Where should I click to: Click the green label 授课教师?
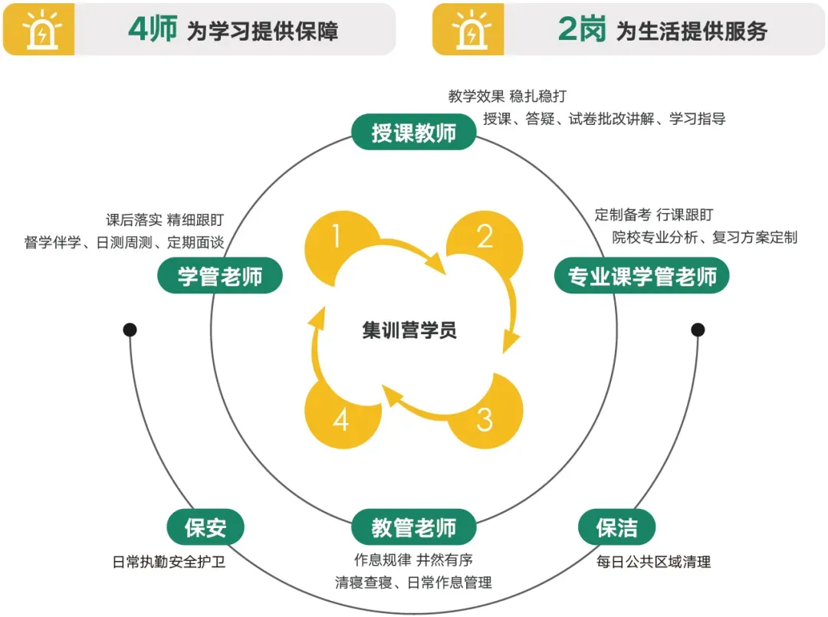pyautogui.click(x=414, y=133)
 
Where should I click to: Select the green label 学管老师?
pyautogui.click(x=220, y=277)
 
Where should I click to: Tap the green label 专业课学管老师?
pyautogui.click(x=642, y=277)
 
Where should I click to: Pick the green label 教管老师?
pyautogui.click(x=414, y=527)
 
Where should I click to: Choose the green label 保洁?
pyautogui.click(x=616, y=527)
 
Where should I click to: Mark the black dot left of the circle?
pyautogui.click(x=130, y=330)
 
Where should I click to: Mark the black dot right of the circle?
pyautogui.click(x=698, y=330)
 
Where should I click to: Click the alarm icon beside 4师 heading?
pyautogui.click(x=38, y=31)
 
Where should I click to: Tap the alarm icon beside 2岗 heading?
pyautogui.click(x=468, y=31)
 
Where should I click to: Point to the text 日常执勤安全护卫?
pyautogui.click(x=169, y=562)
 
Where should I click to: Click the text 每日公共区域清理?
pyautogui.click(x=654, y=562)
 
